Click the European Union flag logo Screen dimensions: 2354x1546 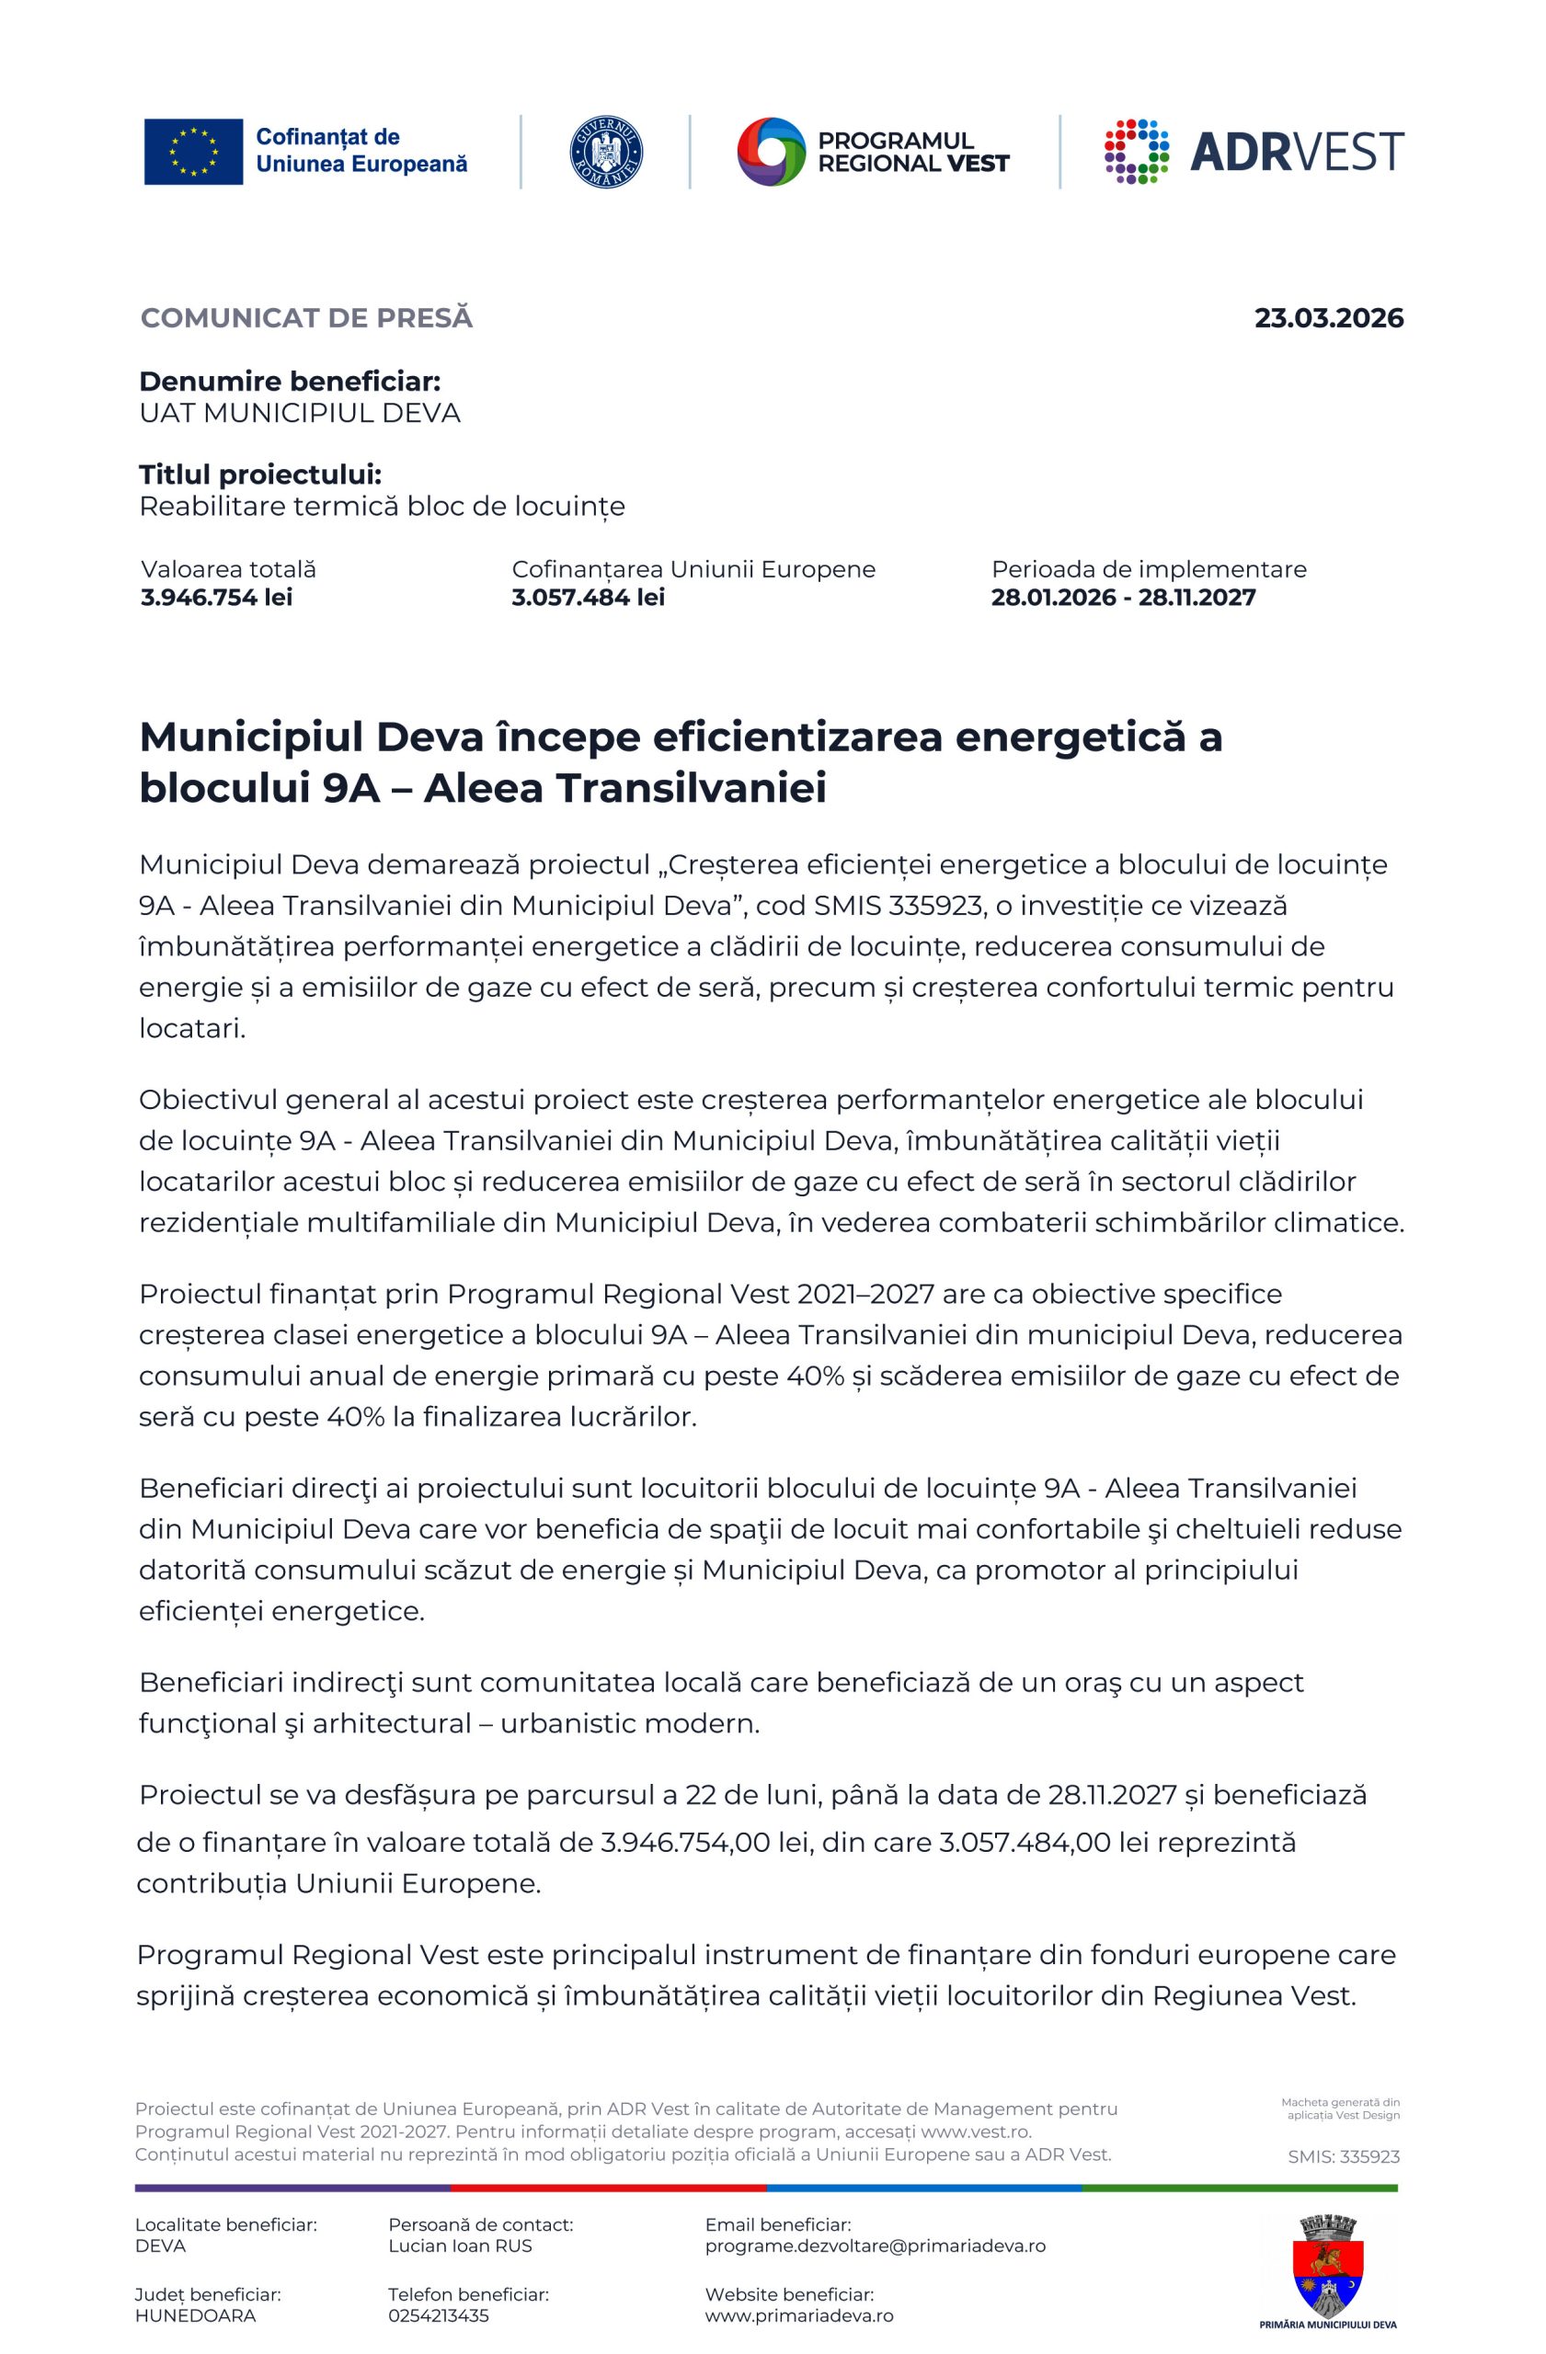(193, 152)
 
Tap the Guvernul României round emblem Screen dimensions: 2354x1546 (605, 152)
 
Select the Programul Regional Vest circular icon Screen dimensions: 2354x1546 (772, 152)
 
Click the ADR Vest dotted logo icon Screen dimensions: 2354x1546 (1137, 152)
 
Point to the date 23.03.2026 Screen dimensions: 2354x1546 (1328, 318)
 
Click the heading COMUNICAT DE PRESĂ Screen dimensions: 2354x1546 (306, 318)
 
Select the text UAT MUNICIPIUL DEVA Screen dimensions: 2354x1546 (300, 414)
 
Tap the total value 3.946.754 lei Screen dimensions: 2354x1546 (217, 598)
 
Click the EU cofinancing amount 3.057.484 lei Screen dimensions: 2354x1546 (588, 598)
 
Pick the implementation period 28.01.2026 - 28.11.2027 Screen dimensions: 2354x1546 (1123, 598)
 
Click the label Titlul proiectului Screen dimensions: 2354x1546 (260, 474)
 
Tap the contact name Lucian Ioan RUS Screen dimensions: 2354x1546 (460, 2245)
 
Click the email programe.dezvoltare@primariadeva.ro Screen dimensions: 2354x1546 (875, 2245)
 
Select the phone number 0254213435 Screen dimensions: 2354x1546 (438, 2315)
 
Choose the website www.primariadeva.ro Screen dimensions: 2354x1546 (798, 2315)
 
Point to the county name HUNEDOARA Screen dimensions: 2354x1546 (195, 2315)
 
